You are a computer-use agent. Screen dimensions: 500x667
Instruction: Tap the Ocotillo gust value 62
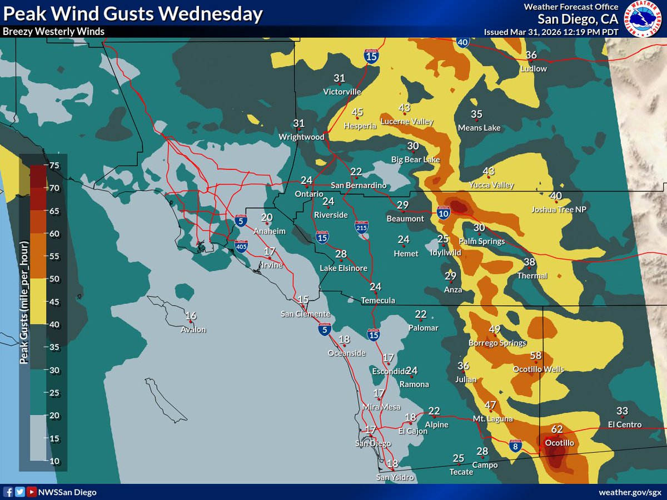[x=558, y=429]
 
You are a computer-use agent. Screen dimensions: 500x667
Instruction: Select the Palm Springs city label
[x=481, y=242]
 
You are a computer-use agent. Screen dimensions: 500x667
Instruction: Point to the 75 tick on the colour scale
[x=54, y=165]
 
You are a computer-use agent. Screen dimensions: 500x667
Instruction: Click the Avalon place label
[x=193, y=329]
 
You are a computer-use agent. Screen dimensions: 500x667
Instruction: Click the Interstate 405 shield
[x=241, y=246]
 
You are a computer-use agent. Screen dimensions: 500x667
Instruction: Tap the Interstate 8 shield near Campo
[x=516, y=446]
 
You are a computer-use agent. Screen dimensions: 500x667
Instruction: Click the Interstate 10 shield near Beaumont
[x=443, y=212]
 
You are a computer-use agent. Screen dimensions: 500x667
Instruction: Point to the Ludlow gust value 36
[x=531, y=55]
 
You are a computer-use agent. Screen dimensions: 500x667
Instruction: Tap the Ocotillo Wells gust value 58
[x=536, y=356]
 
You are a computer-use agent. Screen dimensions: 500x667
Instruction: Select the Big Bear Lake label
[x=415, y=160]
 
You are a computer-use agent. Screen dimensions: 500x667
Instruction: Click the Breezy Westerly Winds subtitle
[x=53, y=32]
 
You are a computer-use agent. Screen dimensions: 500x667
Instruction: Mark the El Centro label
[x=624, y=425]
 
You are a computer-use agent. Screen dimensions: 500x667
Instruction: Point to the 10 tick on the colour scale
[x=54, y=461]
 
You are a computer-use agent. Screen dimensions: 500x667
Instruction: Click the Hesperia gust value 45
[x=357, y=112]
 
